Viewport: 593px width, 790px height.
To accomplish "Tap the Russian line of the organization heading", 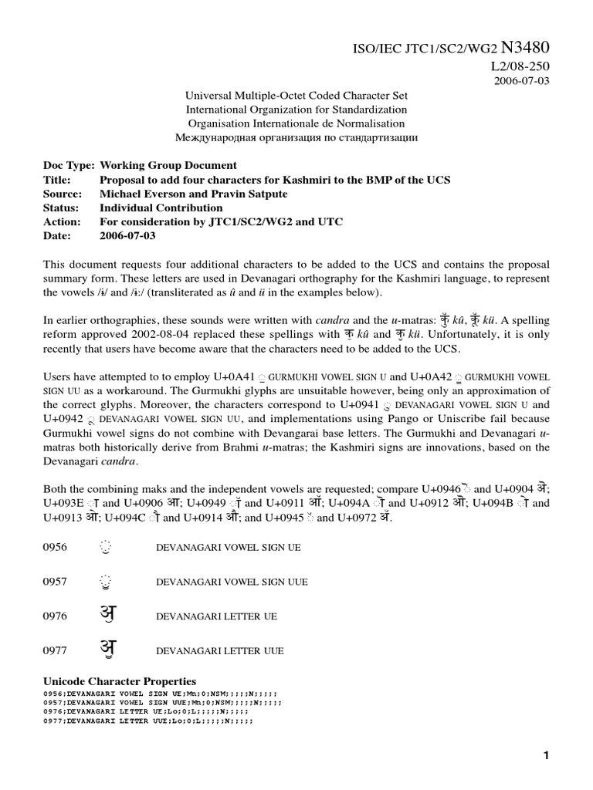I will pos(297,137).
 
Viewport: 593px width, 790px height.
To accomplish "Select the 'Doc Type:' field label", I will pos(69,166).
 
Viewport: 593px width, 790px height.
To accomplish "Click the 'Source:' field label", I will pos(63,194).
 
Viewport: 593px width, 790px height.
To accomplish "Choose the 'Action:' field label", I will pos(62,222).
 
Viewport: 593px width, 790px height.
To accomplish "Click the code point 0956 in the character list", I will pos(55,547).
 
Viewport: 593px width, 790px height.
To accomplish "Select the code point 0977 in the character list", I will pos(55,650).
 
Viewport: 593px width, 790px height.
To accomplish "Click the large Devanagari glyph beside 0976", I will pos(107,615).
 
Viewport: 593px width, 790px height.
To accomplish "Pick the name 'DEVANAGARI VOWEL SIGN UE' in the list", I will pos(229,548).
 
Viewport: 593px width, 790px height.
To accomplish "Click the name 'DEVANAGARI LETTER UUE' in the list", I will pos(219,651).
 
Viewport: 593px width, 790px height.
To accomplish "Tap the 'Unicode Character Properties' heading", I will pos(119,681).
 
